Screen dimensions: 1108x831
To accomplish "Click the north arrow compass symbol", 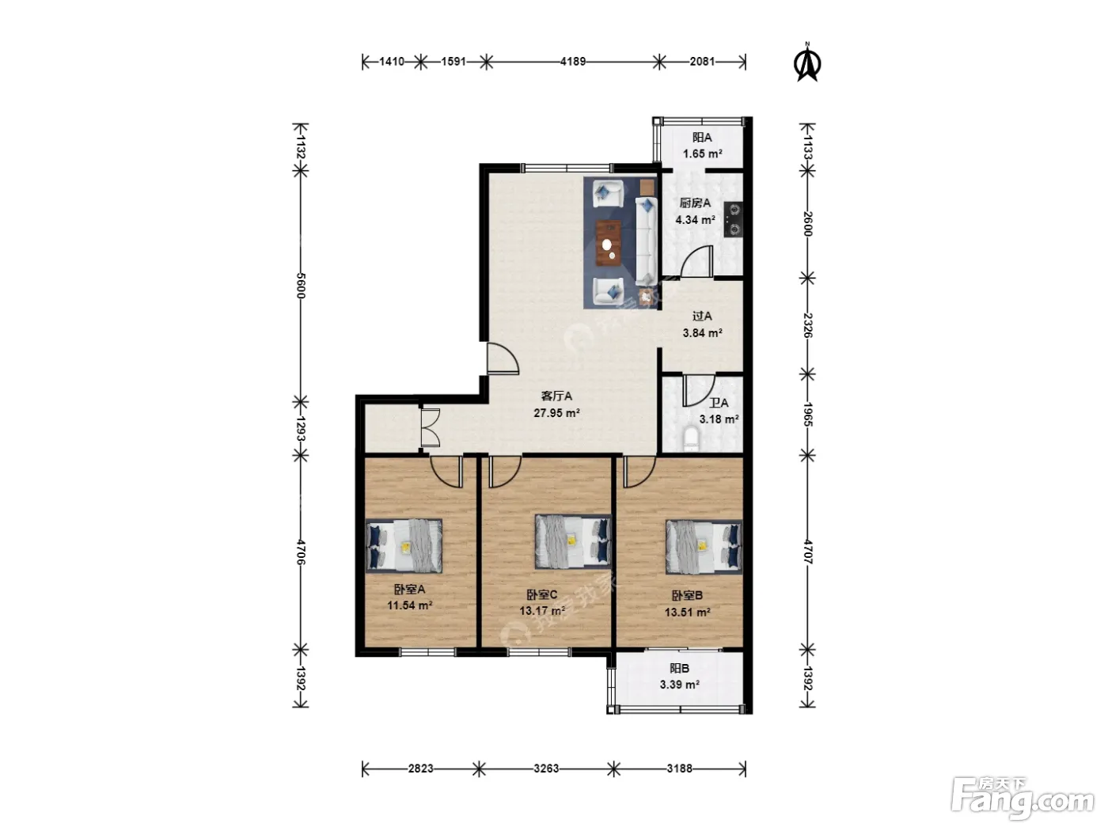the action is pos(807,62).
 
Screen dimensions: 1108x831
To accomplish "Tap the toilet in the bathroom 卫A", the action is pos(690,439).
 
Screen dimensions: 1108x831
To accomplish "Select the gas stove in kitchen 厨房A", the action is pos(732,219).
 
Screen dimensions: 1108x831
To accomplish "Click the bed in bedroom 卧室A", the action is pos(404,546).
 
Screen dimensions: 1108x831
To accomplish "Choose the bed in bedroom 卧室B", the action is pos(704,547).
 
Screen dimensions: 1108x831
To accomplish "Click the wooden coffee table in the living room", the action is pos(609,243).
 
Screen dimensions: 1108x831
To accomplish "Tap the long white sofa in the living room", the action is pos(646,241).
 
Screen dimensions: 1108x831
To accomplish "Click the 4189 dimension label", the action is pos(573,62).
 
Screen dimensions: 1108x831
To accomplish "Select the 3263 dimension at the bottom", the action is pos(546,768).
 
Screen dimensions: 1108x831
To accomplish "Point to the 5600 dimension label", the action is pos(301,286).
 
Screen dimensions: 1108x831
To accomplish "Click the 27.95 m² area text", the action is pos(557,412).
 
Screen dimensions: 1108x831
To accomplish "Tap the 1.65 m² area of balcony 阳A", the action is pos(702,154).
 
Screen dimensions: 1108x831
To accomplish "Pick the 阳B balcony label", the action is pos(679,668).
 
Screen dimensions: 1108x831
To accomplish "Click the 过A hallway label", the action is pos(702,317).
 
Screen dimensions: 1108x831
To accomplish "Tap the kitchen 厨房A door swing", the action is pos(696,261).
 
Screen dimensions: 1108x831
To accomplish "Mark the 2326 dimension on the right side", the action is pos(808,325).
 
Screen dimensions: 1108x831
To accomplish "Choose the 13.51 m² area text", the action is pos(688,612).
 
